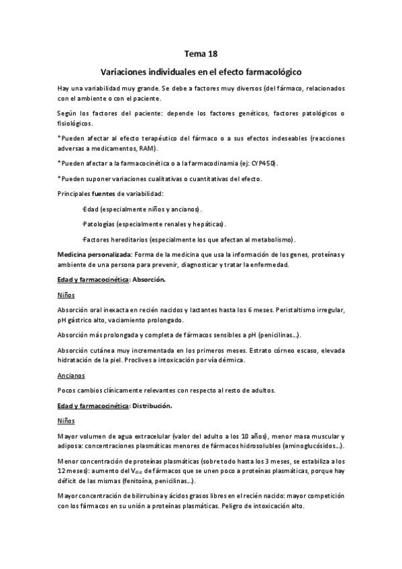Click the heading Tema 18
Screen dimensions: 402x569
click(201, 52)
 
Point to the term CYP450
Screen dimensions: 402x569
click(262, 163)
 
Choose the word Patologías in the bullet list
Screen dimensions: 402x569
click(102, 224)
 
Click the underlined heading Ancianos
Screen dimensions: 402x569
click(72, 375)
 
